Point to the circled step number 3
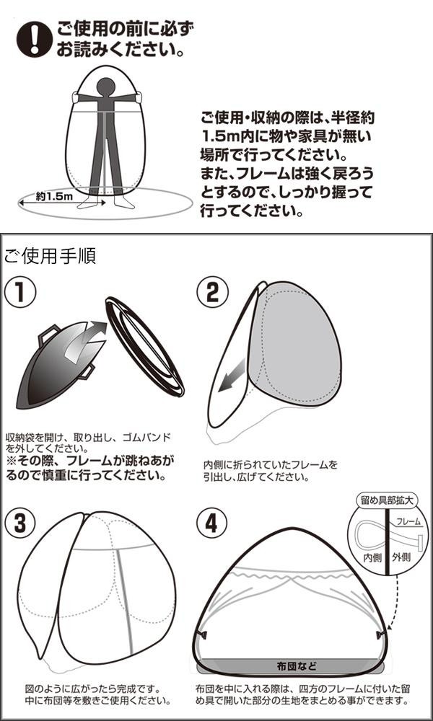pyautogui.click(x=21, y=525)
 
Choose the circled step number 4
pyautogui.click(x=211, y=524)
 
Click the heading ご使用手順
pyautogui.click(x=50, y=256)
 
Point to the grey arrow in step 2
pyautogui.click(x=234, y=381)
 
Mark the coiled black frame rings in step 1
pyautogui.click(x=144, y=346)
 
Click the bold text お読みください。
pyautogui.click(x=119, y=52)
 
